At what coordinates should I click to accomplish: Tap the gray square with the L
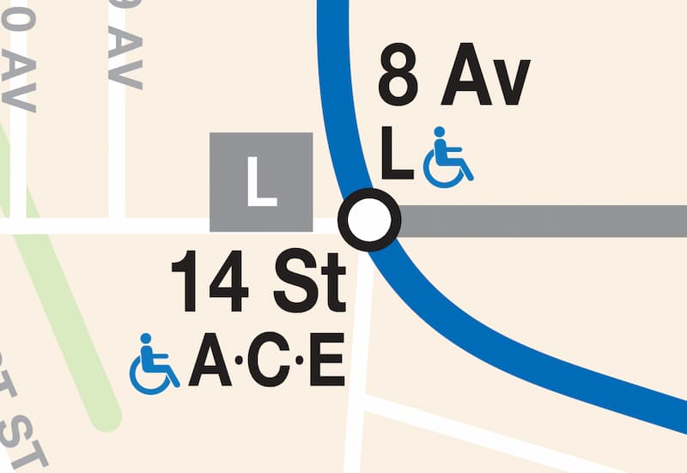click(x=261, y=182)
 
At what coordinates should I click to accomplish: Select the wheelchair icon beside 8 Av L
click(x=447, y=157)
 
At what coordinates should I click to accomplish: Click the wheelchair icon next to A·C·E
click(x=154, y=364)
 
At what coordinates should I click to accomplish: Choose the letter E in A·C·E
click(x=325, y=363)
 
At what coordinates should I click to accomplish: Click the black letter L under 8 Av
click(x=397, y=155)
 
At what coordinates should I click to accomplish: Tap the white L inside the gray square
click(x=261, y=182)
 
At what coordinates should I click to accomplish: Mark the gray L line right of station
click(x=541, y=221)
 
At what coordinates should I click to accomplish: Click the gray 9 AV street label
click(x=125, y=43)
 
